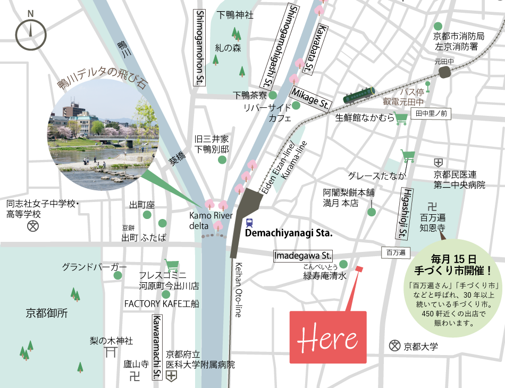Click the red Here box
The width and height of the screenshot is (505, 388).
point(327,338)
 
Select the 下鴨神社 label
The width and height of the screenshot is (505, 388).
point(235,15)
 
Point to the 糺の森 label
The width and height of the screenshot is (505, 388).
point(228,48)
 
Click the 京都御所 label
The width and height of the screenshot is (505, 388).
point(47,314)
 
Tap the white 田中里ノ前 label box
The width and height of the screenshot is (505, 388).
point(431,113)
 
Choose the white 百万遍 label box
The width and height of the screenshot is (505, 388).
point(396,252)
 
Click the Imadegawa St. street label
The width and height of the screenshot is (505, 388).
point(302,256)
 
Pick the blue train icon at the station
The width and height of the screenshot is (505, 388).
point(249,223)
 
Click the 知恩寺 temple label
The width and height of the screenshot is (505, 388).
point(432,229)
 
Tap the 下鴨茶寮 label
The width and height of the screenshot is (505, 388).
point(250,95)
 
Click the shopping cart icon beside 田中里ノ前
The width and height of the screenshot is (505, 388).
point(401,118)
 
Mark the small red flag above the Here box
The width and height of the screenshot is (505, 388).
point(359,269)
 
